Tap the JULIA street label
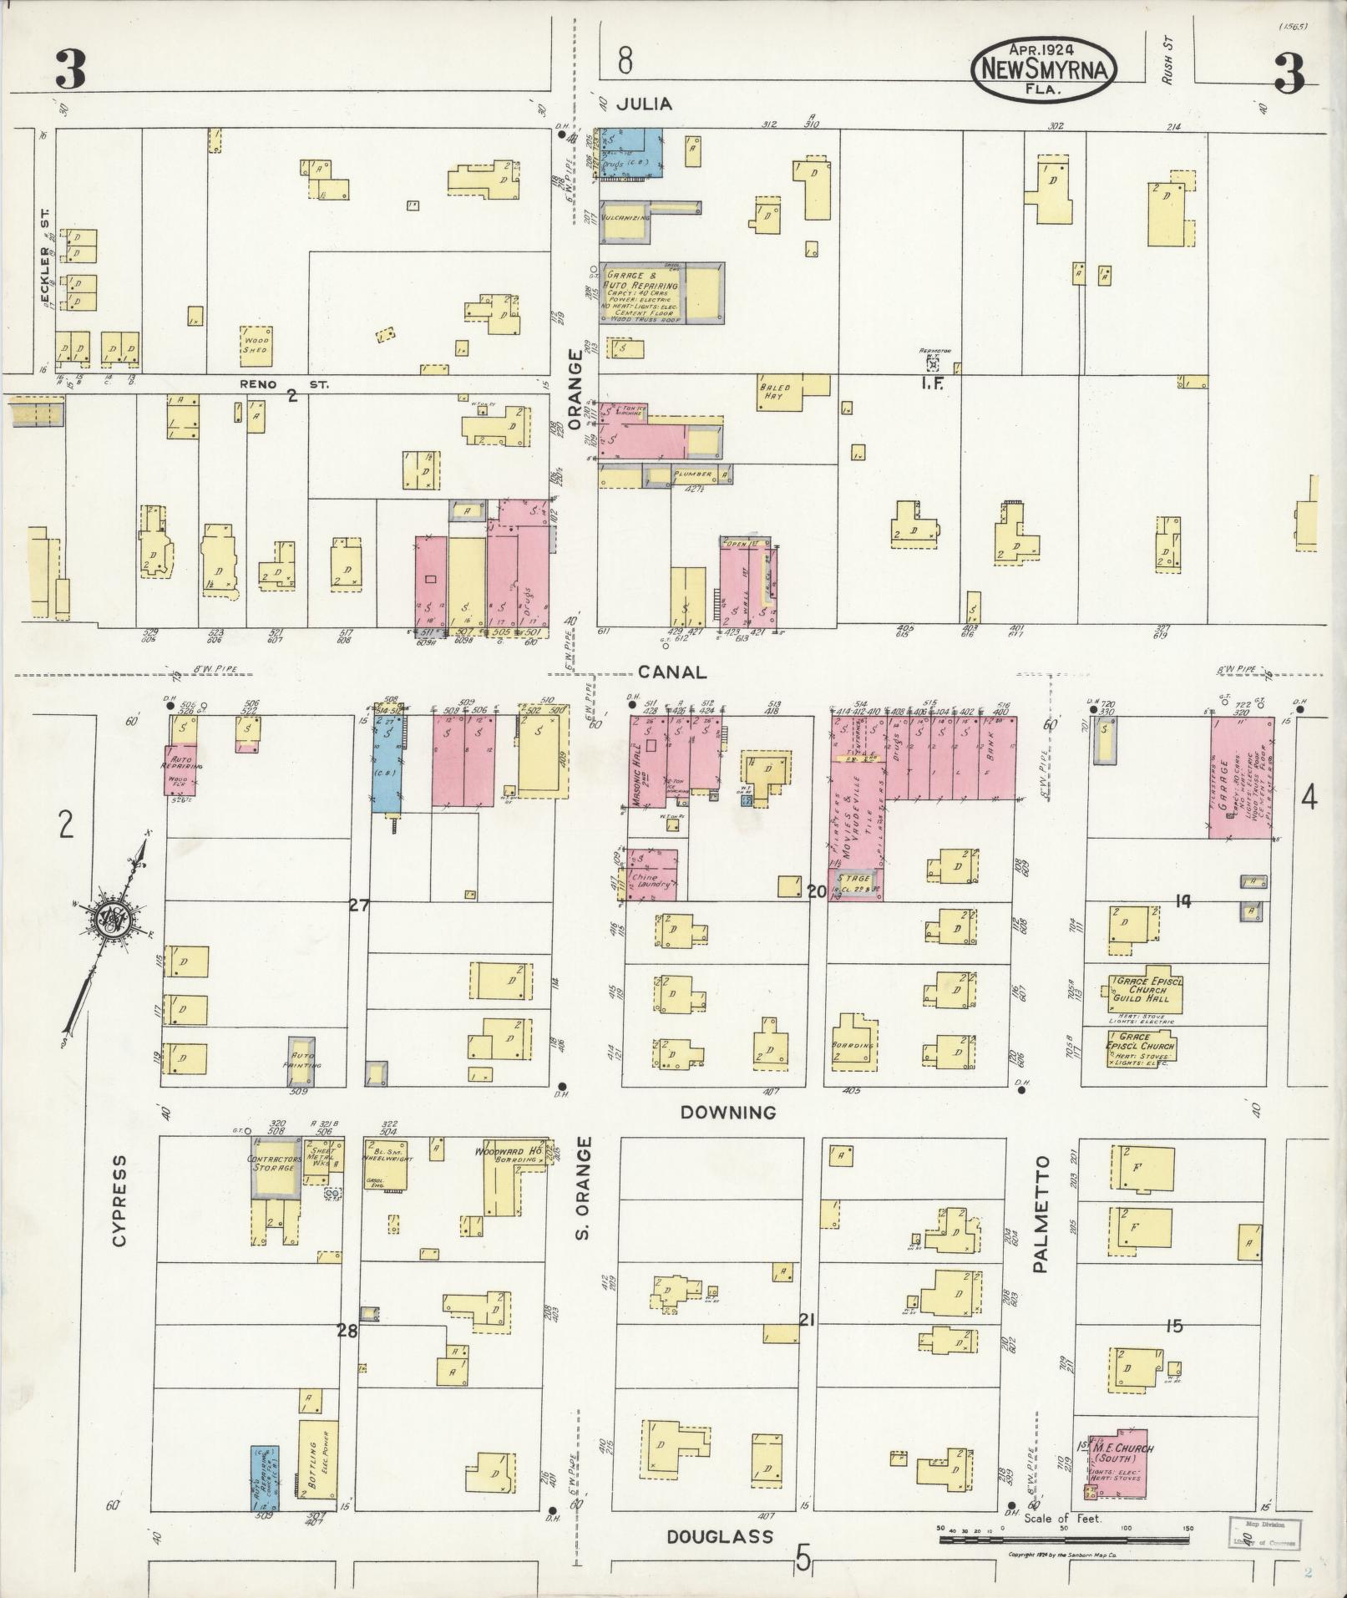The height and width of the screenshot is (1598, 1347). pyautogui.click(x=644, y=104)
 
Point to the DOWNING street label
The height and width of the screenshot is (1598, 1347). pyautogui.click(x=728, y=1113)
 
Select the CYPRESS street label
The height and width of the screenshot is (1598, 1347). pyautogui.click(x=119, y=1201)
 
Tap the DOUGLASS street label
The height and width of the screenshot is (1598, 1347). pyautogui.click(x=720, y=1536)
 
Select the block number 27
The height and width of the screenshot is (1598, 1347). pyautogui.click(x=359, y=903)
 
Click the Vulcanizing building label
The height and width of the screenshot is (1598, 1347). pyautogui.click(x=630, y=217)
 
